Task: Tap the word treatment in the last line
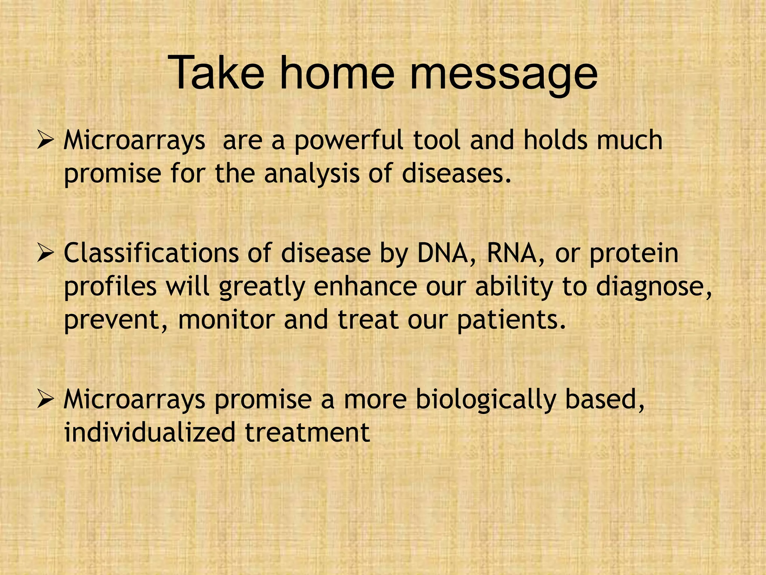coord(307,432)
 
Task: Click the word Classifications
coord(151,253)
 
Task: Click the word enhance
coord(365,287)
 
